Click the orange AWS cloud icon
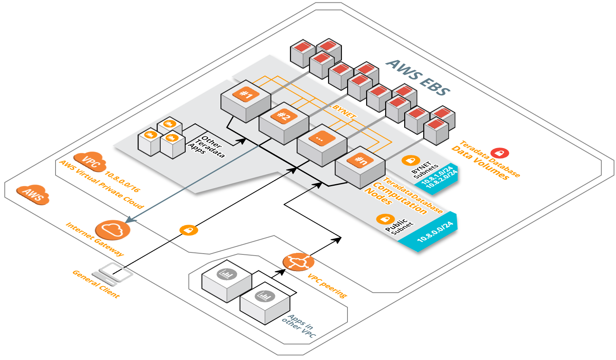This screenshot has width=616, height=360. click(33, 194)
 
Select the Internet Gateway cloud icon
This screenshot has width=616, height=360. click(113, 230)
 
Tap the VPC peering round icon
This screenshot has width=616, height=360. click(298, 262)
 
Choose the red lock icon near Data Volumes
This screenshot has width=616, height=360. click(499, 153)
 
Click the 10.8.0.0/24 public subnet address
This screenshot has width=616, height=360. click(435, 232)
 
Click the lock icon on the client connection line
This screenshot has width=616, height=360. click(188, 230)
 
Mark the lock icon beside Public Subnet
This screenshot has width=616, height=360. click(385, 219)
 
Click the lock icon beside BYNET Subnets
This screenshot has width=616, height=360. click(411, 160)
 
